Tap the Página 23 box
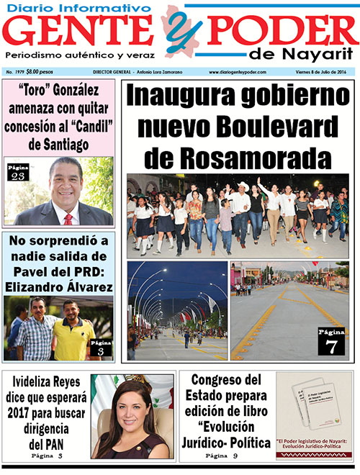tap(17, 173)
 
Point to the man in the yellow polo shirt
tap(75, 332)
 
